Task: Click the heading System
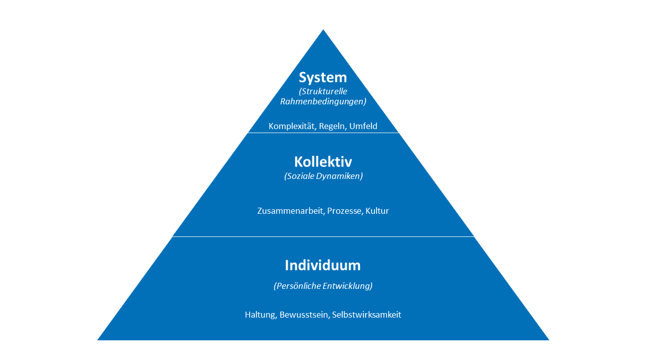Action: [323, 78]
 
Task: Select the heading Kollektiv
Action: [323, 162]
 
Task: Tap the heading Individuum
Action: [323, 265]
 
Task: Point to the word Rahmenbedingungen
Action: [323, 101]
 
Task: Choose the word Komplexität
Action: [291, 126]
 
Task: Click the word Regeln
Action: [332, 126]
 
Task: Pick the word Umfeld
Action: [363, 126]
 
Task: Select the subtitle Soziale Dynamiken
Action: [323, 176]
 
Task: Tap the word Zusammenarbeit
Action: [290, 211]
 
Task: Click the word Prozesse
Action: [344, 211]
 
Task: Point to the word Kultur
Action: [378, 211]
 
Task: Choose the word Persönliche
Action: [298, 286]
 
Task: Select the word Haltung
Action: [260, 315]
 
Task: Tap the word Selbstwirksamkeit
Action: [367, 315]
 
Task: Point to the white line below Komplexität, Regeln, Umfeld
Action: [323, 133]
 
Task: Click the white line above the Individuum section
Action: [323, 236]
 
